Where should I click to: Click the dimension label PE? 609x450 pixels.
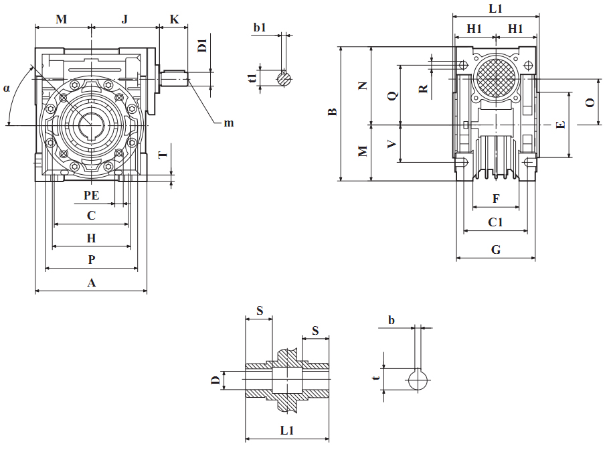point(91,195)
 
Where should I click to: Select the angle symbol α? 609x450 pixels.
point(7,88)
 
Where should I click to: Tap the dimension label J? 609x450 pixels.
point(124,19)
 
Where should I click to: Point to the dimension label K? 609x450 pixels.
point(174,19)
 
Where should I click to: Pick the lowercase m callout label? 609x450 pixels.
point(229,123)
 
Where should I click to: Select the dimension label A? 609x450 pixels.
point(92,283)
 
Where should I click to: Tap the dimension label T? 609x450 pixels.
point(162,155)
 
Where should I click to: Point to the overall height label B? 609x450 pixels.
point(331,112)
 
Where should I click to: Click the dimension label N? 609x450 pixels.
point(363,86)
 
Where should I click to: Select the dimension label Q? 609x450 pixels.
point(392,95)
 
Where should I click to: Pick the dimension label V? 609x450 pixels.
point(392,143)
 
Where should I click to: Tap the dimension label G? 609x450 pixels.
point(496,250)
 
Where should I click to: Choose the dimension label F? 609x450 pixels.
point(496,199)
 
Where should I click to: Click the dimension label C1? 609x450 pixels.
point(496,222)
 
